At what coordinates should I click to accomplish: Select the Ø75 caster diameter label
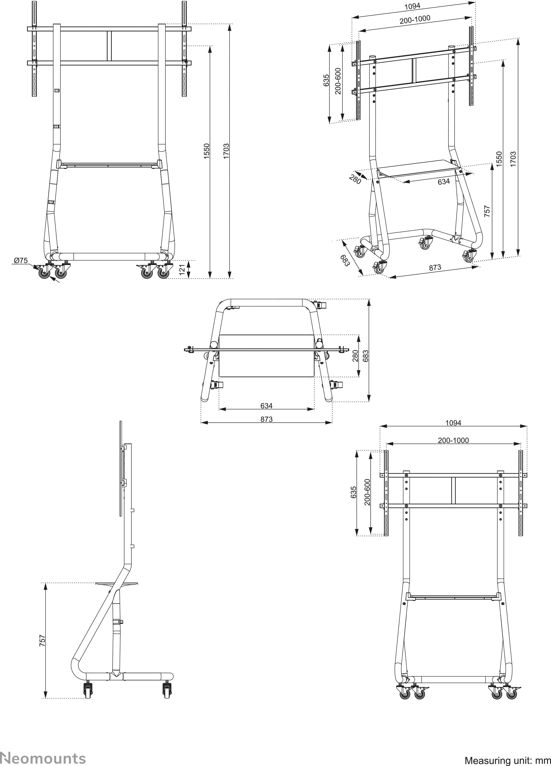click(x=21, y=261)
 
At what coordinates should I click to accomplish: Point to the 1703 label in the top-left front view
click(x=226, y=151)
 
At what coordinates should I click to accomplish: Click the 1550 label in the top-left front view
click(x=207, y=151)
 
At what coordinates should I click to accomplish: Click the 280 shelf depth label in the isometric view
click(x=355, y=179)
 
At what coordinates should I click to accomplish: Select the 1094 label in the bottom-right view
click(x=453, y=423)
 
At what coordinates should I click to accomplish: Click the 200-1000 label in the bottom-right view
click(x=453, y=440)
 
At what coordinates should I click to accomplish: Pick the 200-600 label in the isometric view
click(x=338, y=81)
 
